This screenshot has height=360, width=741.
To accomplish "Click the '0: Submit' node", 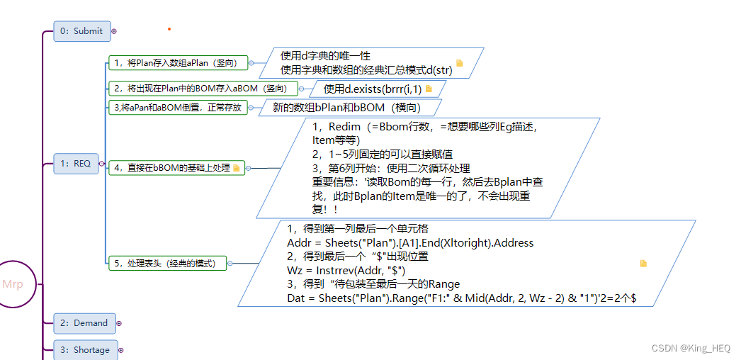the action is (x=82, y=31).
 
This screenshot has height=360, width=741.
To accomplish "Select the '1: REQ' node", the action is (x=76, y=164).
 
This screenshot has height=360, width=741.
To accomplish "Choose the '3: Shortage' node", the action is (x=84, y=350).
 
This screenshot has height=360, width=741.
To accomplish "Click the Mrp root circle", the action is (x=13, y=284).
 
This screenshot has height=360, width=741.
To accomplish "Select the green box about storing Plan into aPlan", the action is (x=177, y=63).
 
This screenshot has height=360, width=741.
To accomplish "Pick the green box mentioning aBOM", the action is (x=201, y=89).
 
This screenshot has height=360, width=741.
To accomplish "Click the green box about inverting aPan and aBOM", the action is (x=177, y=108).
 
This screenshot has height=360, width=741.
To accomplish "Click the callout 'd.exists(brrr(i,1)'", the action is (x=373, y=89).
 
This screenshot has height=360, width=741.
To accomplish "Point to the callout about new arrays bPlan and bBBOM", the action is (x=347, y=108).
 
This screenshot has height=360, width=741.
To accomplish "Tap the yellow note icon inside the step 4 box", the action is (x=237, y=168).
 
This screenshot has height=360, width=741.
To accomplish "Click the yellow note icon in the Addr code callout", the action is (x=643, y=264).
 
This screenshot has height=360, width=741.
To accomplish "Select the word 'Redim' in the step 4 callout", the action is (x=344, y=126).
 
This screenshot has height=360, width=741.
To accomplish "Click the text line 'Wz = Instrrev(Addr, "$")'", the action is (x=346, y=270).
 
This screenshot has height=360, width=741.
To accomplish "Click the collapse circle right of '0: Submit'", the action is (x=114, y=31).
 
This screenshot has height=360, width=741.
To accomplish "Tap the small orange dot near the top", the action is (x=169, y=29).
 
